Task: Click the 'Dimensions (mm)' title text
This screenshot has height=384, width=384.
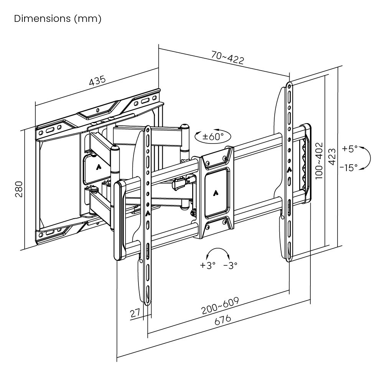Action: (x=58, y=19)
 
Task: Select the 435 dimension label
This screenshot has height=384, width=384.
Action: (x=97, y=81)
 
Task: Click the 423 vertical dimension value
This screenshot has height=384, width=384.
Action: (x=333, y=157)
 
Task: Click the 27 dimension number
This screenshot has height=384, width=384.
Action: (x=135, y=313)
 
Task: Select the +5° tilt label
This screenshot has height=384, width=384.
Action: (x=350, y=148)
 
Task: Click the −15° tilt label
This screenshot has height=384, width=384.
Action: (x=349, y=167)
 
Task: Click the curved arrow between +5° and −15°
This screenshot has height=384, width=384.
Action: (x=366, y=157)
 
